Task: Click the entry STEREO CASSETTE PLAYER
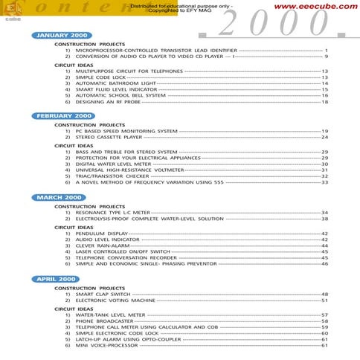[109, 137]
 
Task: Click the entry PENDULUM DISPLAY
[102, 233]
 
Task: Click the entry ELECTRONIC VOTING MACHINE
[115, 300]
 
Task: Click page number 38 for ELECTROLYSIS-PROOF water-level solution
[324, 219]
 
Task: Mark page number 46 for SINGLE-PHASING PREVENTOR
[324, 263]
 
